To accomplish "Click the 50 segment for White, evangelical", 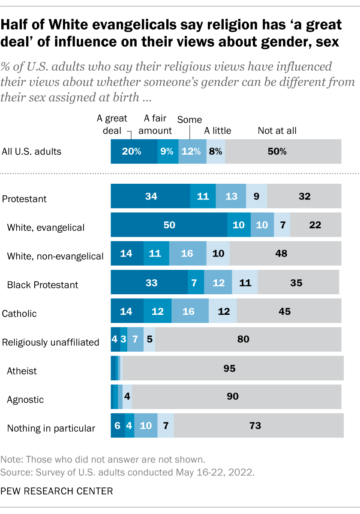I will click(x=169, y=225).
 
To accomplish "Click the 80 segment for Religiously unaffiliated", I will click(x=248, y=340).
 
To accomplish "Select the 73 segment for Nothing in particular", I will click(x=258, y=426).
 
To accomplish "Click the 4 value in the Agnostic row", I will click(x=127, y=397).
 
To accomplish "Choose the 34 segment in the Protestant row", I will click(x=150, y=197).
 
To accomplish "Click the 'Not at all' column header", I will click(x=277, y=131).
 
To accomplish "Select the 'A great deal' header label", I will click(x=112, y=125).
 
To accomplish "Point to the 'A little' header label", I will click(x=217, y=131).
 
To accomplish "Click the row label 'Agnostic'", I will click(x=25, y=400).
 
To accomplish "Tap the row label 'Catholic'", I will click(x=19, y=314).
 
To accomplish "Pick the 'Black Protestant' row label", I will click(x=42, y=285).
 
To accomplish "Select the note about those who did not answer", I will click(x=103, y=460).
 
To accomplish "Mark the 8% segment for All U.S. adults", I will click(x=216, y=151).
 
